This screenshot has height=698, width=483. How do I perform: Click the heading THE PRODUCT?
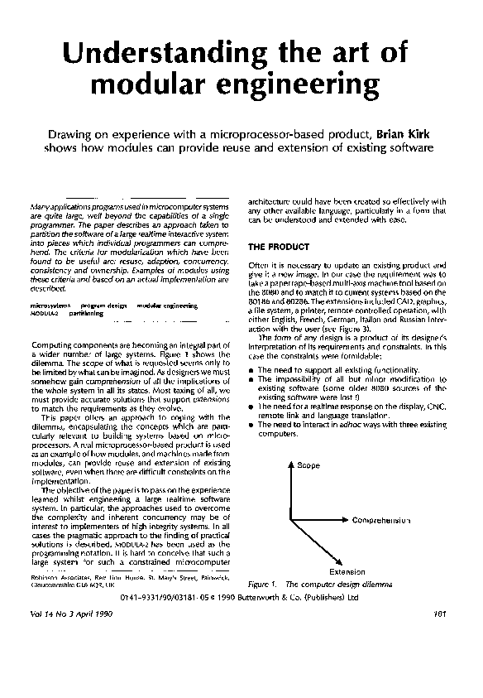[279, 247]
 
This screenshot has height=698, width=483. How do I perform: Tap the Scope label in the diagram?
[308, 466]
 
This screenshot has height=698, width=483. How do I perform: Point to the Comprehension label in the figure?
[382, 521]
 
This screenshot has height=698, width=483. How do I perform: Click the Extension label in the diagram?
[347, 571]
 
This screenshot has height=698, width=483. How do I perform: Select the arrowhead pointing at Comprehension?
[347, 521]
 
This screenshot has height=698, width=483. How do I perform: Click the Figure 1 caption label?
[263, 584]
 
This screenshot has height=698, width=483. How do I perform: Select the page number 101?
[439, 614]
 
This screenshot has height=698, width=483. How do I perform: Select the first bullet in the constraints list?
[251, 369]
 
